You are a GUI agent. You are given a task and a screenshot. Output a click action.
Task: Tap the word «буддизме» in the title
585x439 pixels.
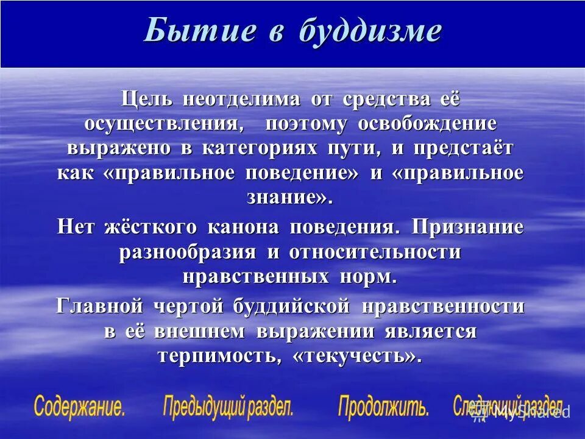369,30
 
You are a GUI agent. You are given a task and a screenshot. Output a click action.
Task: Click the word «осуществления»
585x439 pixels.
169,123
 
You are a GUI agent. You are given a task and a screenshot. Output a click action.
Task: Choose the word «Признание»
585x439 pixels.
467,227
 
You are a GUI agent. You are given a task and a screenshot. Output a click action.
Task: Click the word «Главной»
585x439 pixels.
99,306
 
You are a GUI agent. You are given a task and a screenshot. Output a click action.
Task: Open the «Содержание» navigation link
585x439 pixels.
80,407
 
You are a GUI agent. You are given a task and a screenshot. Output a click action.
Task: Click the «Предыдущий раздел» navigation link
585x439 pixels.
229,407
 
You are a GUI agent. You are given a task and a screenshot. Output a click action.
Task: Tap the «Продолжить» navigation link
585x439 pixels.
384,407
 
